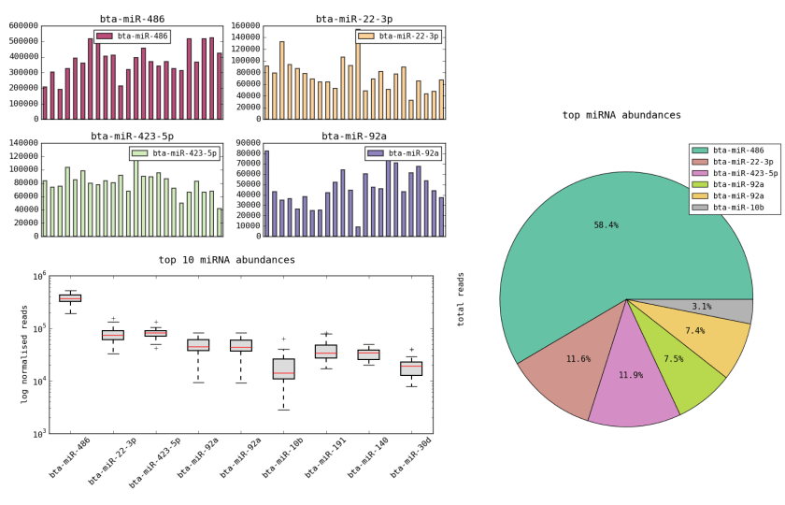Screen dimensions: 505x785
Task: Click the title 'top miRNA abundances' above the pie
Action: click(621, 115)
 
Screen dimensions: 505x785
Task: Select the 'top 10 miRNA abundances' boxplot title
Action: click(227, 260)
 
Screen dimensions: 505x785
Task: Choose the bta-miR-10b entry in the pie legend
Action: click(737, 207)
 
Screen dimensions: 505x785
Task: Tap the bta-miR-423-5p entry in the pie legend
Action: click(744, 173)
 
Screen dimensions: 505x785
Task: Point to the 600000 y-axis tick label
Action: click(21, 26)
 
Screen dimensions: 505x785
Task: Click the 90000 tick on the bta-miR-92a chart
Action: click(244, 143)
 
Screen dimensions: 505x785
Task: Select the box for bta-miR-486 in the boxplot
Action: click(70, 298)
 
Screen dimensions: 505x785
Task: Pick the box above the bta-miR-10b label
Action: click(283, 368)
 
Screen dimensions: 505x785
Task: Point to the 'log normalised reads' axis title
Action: click(24, 353)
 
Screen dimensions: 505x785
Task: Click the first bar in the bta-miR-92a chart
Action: click(266, 193)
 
